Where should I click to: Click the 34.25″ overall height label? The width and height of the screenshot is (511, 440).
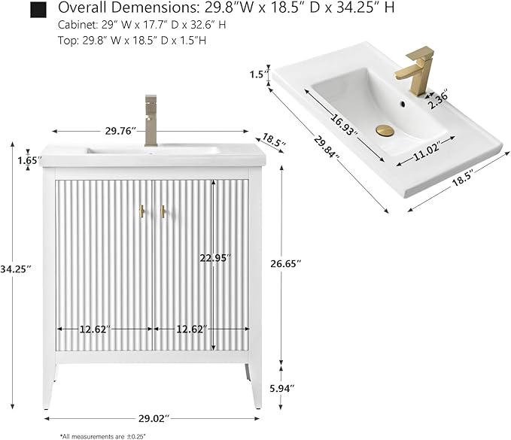(x=16, y=269)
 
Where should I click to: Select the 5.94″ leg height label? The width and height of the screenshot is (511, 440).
(x=282, y=388)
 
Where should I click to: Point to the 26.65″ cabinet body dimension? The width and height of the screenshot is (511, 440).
(x=284, y=263)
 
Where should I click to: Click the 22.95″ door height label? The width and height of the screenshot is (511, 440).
(x=215, y=258)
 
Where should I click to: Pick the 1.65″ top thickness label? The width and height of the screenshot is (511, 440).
(x=29, y=160)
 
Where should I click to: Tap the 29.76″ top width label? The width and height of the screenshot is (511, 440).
(x=120, y=131)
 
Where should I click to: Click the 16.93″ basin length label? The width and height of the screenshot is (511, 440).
(x=344, y=124)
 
